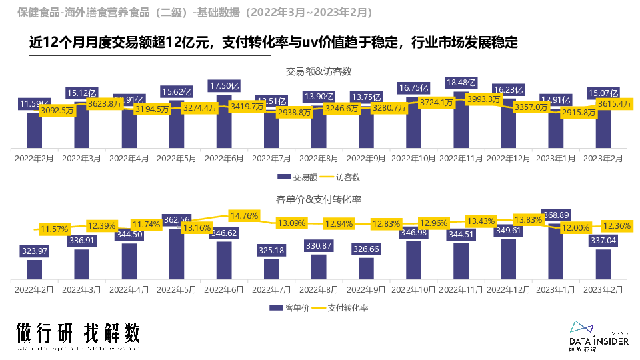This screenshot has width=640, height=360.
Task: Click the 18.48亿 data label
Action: [x=461, y=83]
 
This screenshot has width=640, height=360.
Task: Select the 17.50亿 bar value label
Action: [x=224, y=85]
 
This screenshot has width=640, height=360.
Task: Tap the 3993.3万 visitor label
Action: [x=484, y=99]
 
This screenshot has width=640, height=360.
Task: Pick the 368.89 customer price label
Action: [x=556, y=215]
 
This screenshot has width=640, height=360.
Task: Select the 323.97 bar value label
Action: [x=35, y=251]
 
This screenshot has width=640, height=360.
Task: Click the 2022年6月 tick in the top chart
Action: [x=224, y=159]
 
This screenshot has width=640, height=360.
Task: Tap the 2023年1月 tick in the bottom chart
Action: [x=556, y=289]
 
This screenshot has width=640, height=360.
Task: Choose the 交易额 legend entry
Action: [x=292, y=177]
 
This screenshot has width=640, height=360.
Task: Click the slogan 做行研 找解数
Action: [x=79, y=333]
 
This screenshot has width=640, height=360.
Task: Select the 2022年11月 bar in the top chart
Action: [x=461, y=123]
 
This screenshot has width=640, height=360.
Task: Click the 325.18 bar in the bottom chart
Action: [x=271, y=269]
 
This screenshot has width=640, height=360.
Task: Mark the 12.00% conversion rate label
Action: [x=557, y=227]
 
